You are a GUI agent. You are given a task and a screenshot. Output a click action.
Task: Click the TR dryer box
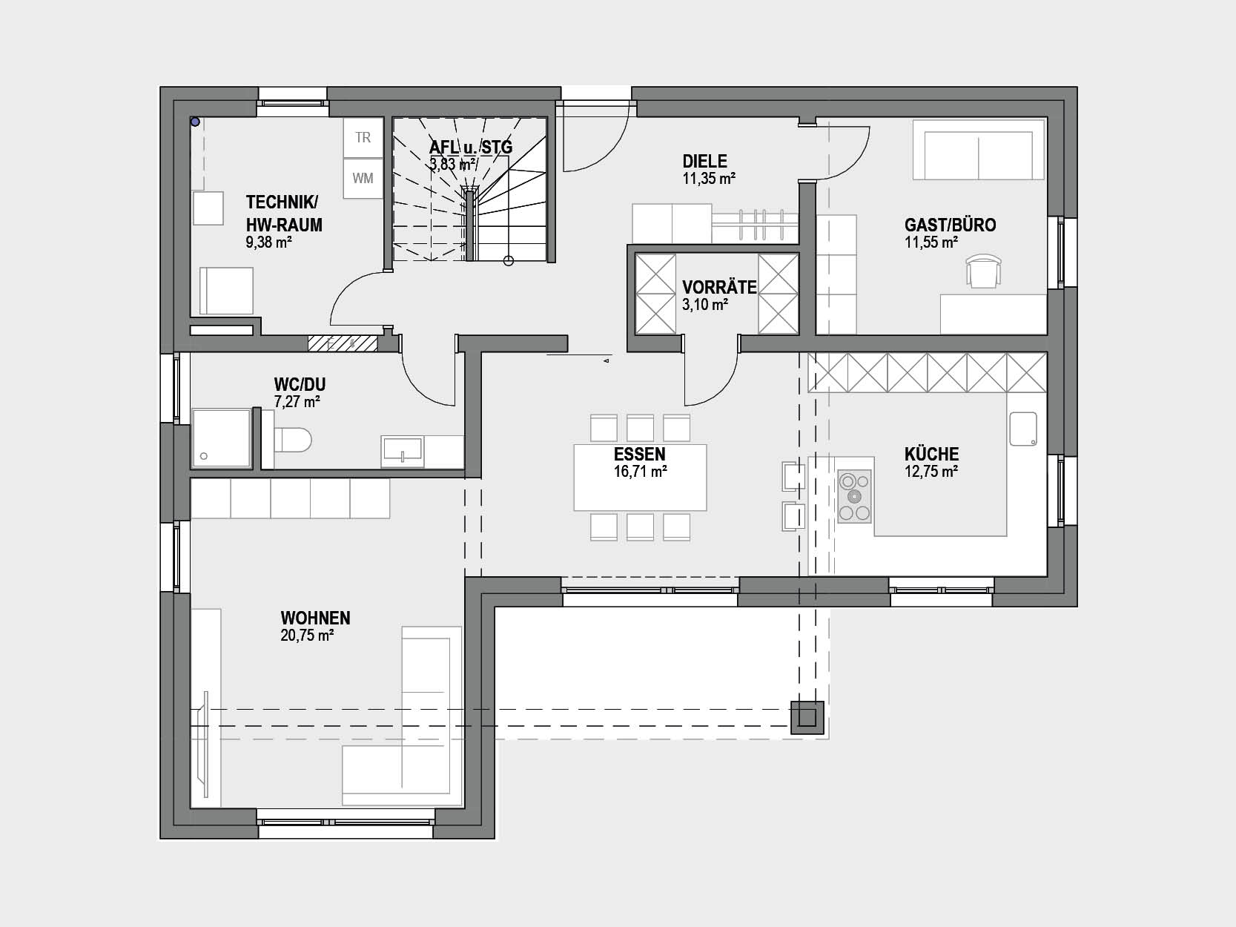pyautogui.click(x=363, y=137)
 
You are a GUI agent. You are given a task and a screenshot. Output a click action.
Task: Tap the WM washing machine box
pyautogui.click(x=363, y=178)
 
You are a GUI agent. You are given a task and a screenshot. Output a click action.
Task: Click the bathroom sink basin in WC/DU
pyautogui.click(x=402, y=450)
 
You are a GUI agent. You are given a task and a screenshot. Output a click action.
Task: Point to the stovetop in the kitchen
pyautogui.click(x=854, y=496)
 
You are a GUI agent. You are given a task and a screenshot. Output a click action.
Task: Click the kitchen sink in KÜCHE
pyautogui.click(x=1023, y=429)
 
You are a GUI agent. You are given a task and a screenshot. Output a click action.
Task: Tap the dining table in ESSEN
pyautogui.click(x=640, y=477)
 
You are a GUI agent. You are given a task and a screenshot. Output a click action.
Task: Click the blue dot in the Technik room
pyautogui.click(x=195, y=121)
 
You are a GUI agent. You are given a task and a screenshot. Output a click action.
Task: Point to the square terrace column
pyautogui.click(x=807, y=717)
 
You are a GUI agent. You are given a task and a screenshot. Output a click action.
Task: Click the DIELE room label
pyautogui.click(x=704, y=161)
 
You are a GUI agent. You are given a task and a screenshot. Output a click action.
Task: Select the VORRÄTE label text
pyautogui.click(x=719, y=287)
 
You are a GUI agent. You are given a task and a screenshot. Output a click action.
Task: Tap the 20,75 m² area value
pyautogui.click(x=308, y=636)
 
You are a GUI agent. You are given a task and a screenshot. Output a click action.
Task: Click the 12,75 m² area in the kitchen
pyautogui.click(x=931, y=472)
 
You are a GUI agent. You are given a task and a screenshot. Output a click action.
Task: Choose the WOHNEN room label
pyautogui.click(x=315, y=618)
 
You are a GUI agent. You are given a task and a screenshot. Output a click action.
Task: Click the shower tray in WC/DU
pyautogui.click(x=221, y=438)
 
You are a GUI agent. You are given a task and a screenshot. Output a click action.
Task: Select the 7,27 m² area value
pyautogui.click(x=297, y=402)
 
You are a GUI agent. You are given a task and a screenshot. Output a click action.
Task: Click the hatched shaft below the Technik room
pyautogui.click(x=343, y=343)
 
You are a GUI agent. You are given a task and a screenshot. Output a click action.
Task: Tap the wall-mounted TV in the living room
pyautogui.click(x=205, y=745)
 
